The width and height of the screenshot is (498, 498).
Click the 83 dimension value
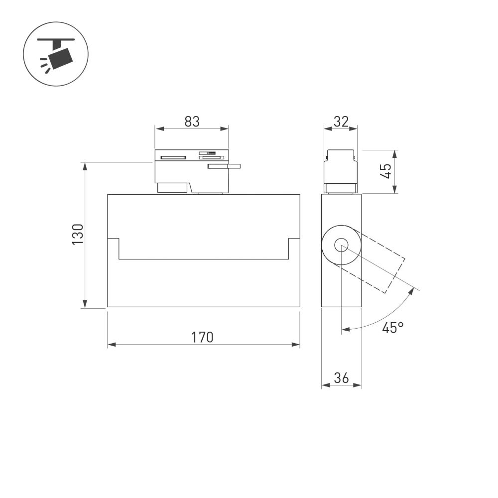point(192,121)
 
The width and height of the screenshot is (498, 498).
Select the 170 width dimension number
point(203,337)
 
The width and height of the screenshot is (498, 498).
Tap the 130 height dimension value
point(77,234)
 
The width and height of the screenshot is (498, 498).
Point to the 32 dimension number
point(341,121)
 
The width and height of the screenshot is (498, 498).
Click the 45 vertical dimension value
point(386,172)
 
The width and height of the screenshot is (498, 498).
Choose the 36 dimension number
point(341,378)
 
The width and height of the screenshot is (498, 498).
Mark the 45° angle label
point(392,327)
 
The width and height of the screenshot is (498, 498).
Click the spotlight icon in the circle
point(56,54)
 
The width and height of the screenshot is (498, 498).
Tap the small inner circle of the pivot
point(341,245)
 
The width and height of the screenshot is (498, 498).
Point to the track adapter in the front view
point(192,171)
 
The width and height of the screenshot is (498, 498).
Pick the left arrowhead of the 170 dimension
point(111,344)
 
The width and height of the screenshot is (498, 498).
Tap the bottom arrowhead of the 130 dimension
point(85,304)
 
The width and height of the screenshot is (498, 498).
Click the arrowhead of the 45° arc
point(346,329)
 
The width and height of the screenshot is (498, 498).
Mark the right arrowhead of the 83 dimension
point(225,129)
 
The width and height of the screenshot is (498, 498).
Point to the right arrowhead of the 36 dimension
point(358,385)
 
